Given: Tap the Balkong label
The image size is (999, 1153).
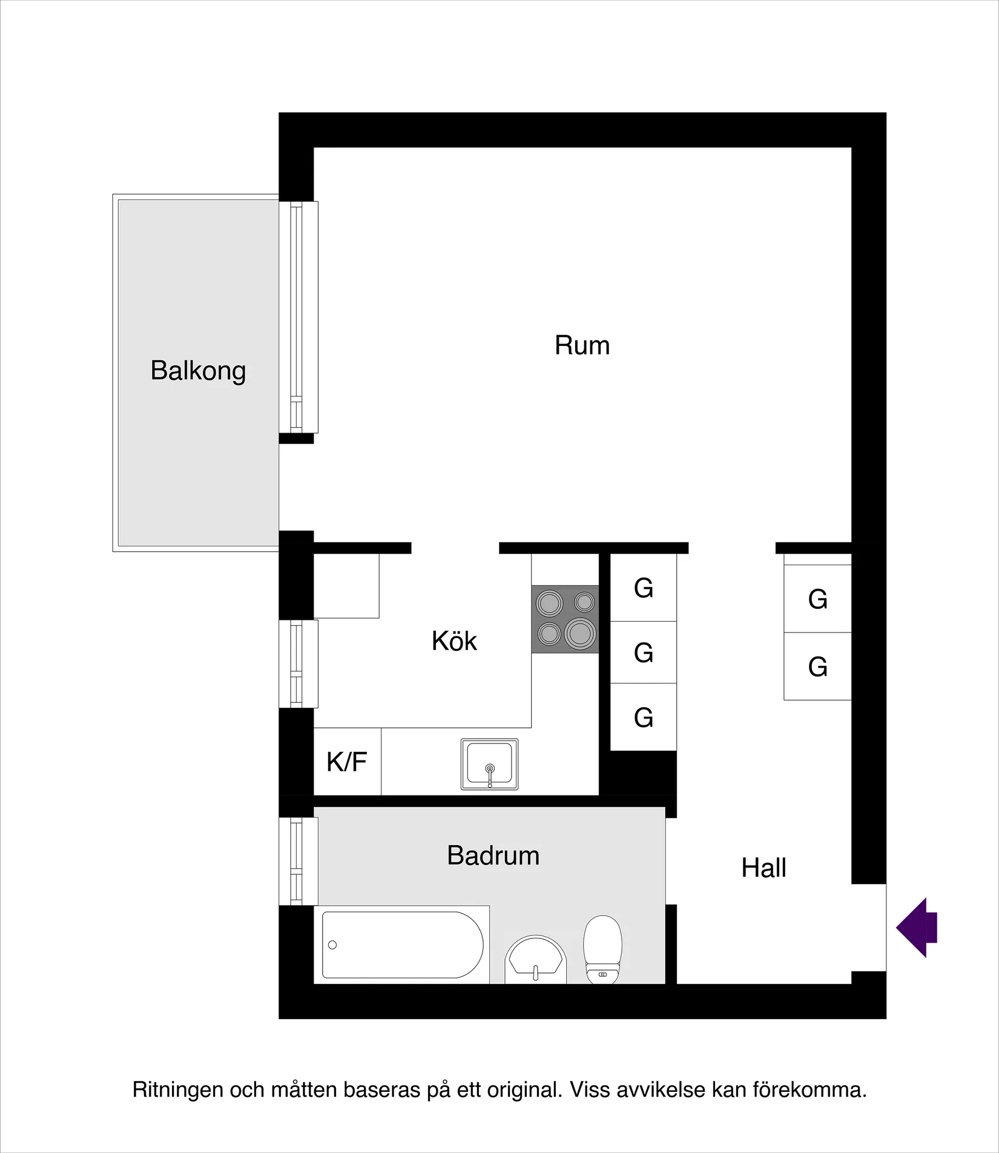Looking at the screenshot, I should [198, 371].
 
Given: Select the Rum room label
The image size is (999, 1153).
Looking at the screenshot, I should [582, 345].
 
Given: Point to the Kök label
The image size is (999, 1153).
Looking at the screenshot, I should [454, 641].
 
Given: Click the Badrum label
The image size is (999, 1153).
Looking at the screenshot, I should [493, 856].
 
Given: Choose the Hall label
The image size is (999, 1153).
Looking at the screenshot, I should [763, 868].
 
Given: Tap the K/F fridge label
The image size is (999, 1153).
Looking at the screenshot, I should [346, 762].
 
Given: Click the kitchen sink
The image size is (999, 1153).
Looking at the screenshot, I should [489, 764].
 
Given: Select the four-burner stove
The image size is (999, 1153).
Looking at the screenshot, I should [565, 619].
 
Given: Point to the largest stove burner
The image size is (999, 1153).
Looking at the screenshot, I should [580, 634].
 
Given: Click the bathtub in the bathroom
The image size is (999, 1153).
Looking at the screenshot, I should [402, 945].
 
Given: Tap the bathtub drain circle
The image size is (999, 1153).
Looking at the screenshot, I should [332, 945].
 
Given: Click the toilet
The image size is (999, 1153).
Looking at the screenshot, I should [602, 949].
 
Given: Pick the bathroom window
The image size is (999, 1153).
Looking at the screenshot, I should [298, 861].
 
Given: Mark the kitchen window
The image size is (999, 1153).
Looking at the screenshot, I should [298, 663].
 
